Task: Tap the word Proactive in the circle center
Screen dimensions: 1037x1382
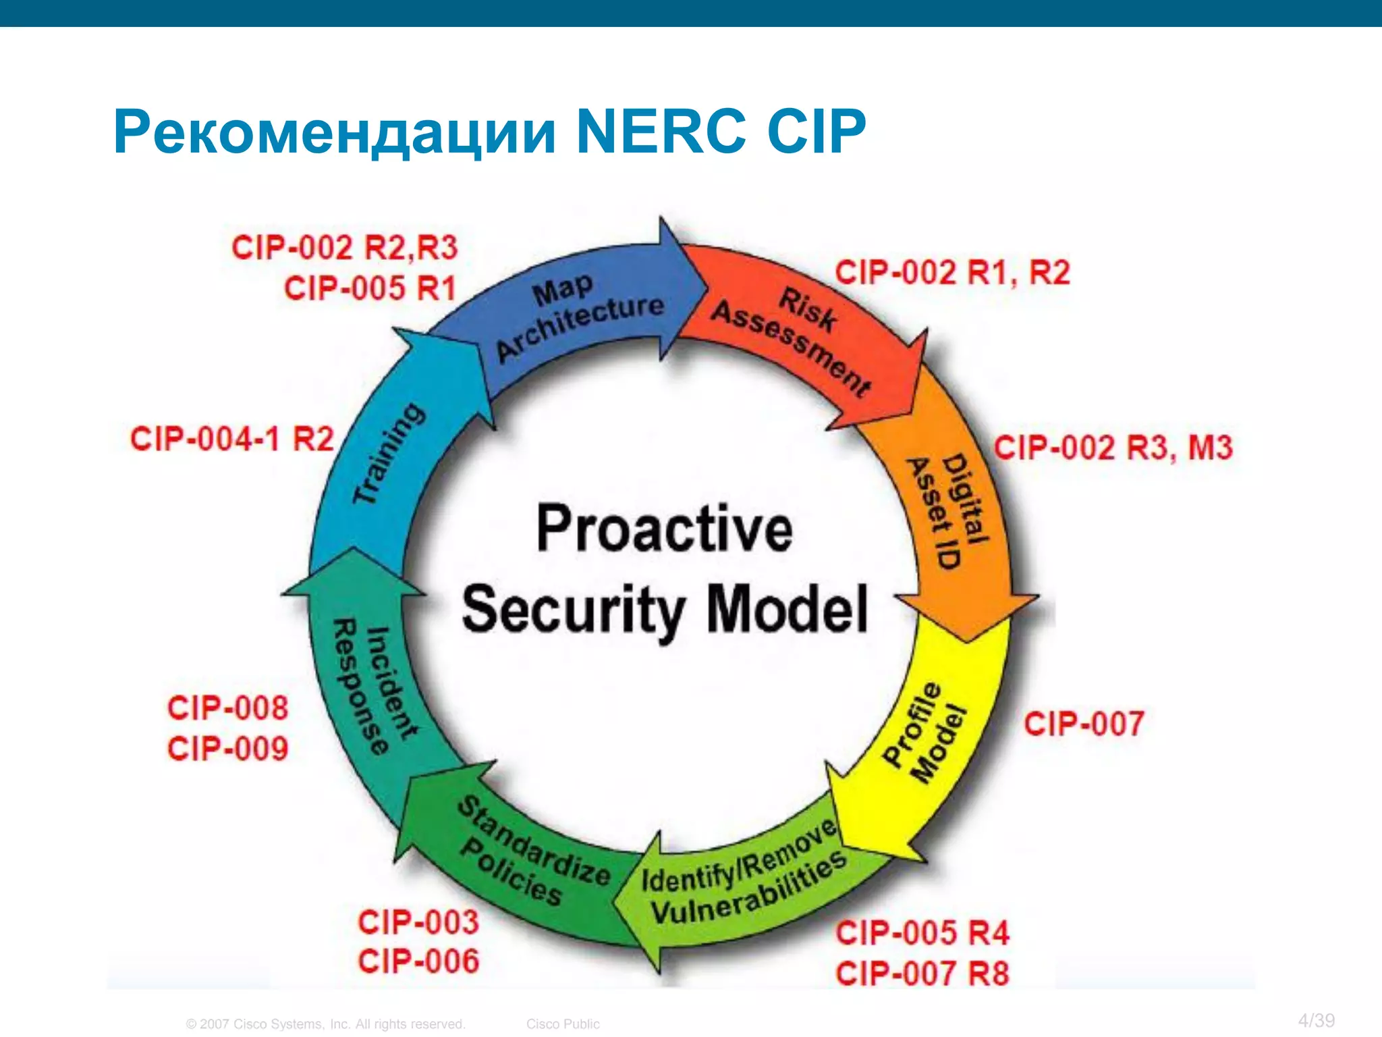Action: coord(664,529)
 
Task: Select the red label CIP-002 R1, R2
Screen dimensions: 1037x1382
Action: coord(952,273)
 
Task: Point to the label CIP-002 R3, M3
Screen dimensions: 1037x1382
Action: coord(1113,448)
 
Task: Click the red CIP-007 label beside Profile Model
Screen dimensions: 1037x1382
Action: coord(1084,723)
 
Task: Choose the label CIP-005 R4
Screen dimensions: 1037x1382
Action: coord(922,933)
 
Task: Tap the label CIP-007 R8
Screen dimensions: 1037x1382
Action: coord(922,974)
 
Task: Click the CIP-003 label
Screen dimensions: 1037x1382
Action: coord(418,922)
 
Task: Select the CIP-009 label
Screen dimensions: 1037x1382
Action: coord(228,749)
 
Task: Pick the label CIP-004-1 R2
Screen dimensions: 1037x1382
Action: coord(232,439)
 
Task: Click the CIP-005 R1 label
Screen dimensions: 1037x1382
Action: coord(370,288)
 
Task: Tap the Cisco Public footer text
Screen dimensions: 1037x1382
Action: coord(563,1024)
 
